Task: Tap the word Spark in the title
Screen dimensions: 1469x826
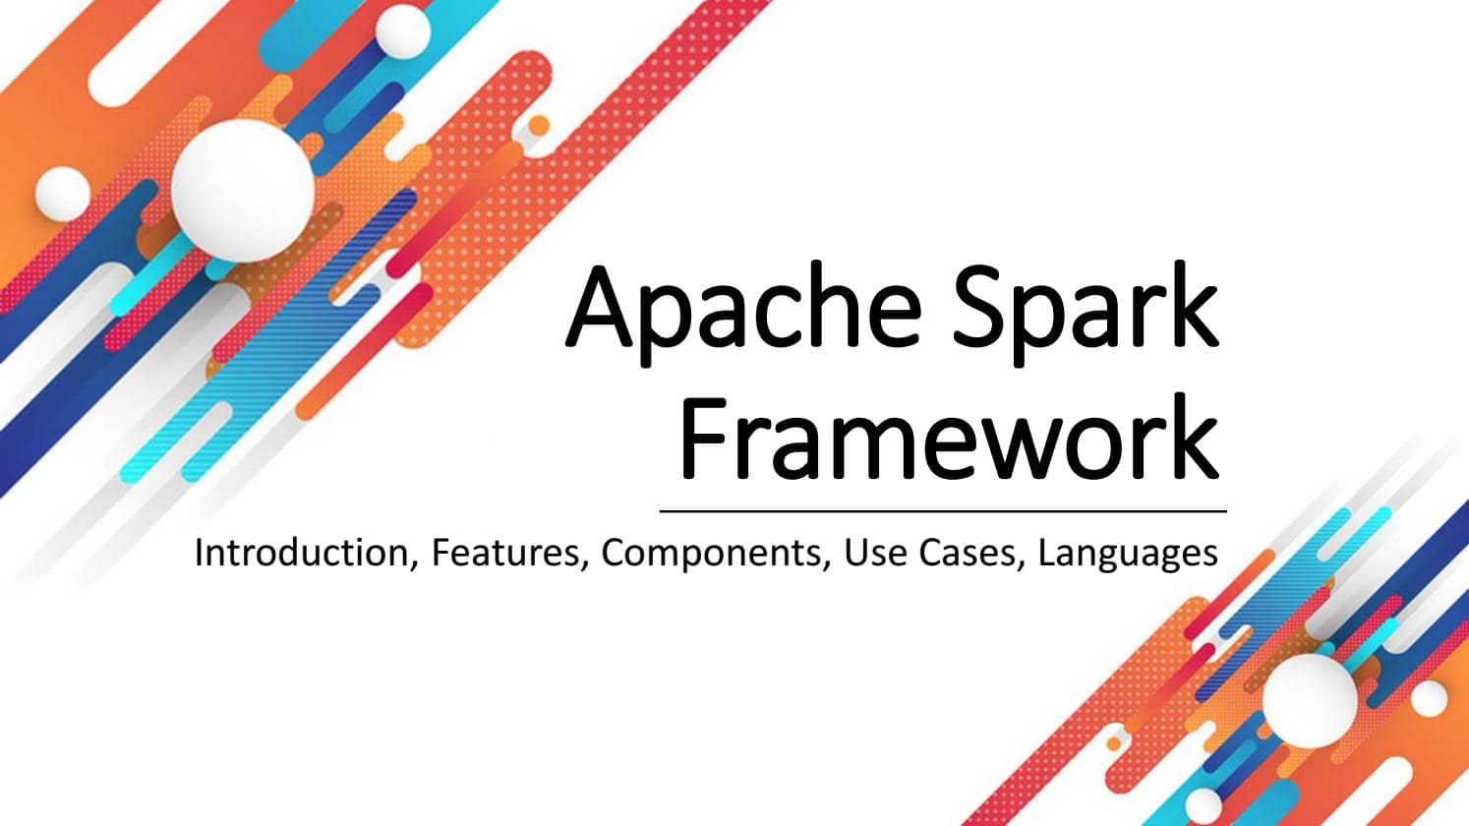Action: point(1086,314)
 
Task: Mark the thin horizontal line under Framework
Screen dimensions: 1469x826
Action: point(943,510)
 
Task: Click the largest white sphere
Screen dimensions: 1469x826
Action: point(243,191)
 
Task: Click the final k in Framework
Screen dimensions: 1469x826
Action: point(1193,437)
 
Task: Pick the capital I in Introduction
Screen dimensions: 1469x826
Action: point(199,553)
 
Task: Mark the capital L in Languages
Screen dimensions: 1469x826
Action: point(1047,553)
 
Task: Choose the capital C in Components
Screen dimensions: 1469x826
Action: point(614,553)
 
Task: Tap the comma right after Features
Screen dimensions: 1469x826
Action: point(583,565)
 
